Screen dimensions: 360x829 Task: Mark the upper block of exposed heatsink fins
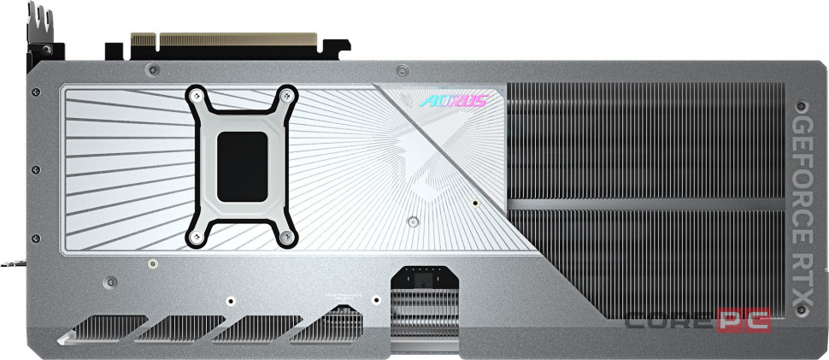(x=650, y=141)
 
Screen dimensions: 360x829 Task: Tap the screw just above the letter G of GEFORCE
(x=801, y=109)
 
